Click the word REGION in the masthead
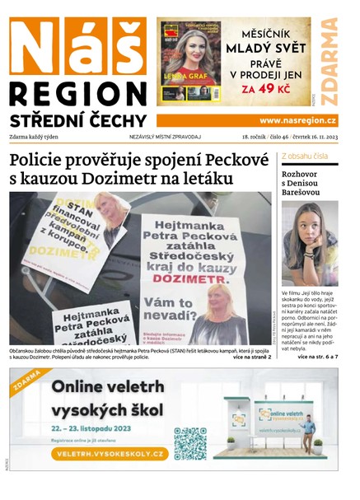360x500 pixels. click(x=78, y=92)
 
